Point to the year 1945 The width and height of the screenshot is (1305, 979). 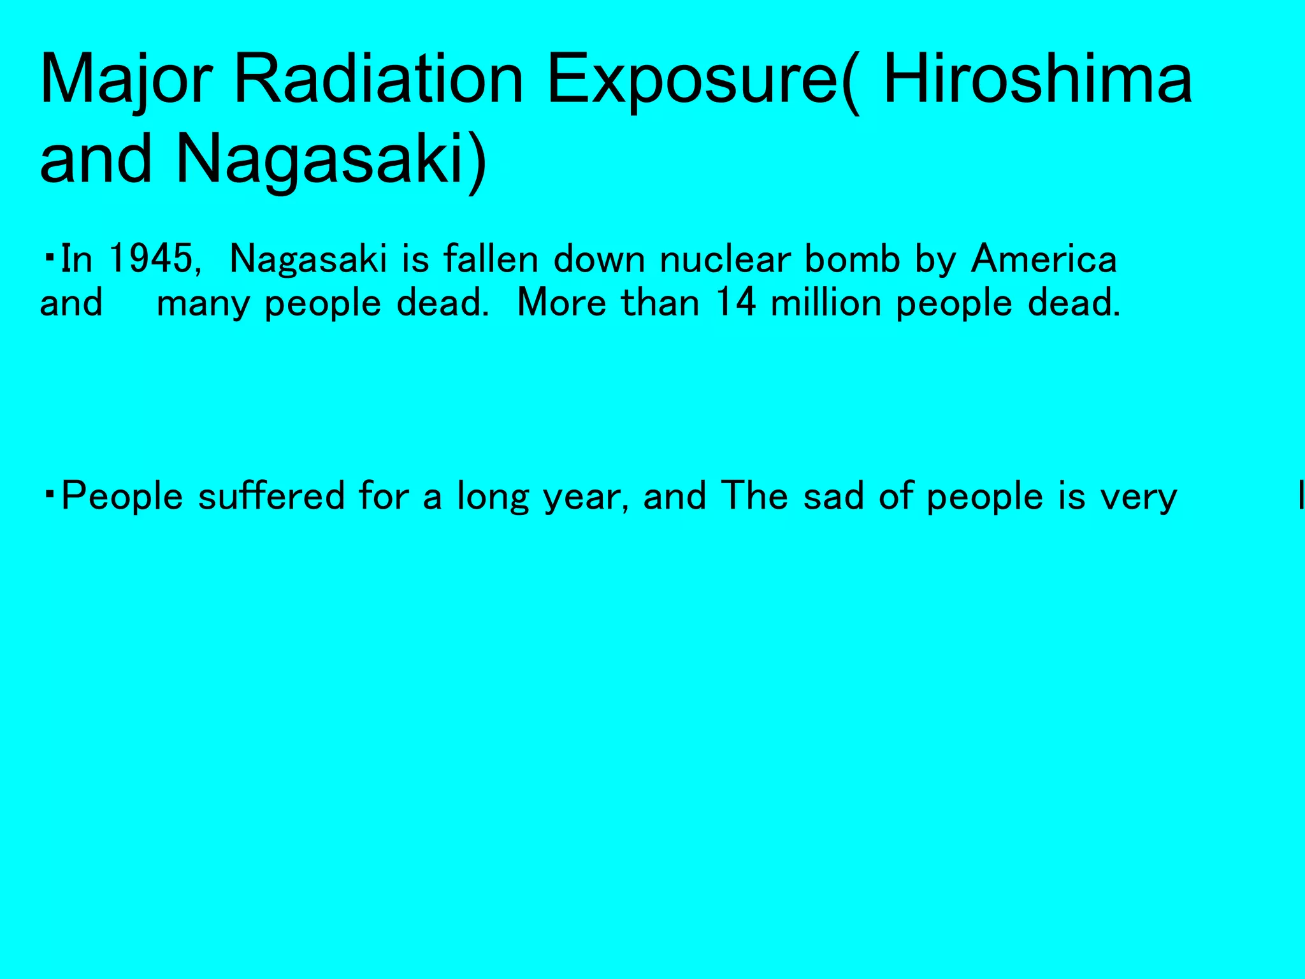[150, 259]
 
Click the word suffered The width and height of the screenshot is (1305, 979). [271, 496]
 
